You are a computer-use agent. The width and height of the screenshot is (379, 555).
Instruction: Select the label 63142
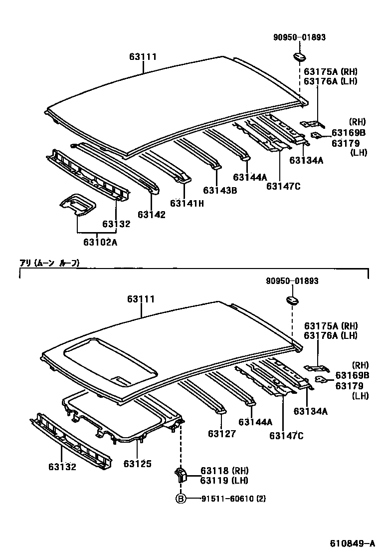[x=152, y=214]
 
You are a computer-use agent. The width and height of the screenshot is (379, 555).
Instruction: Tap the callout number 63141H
[x=187, y=203]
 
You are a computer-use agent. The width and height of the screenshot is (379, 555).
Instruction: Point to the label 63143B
[x=219, y=190]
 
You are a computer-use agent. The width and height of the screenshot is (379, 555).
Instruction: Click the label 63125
[x=138, y=464]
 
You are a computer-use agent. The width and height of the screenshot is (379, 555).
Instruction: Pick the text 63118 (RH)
[x=224, y=471]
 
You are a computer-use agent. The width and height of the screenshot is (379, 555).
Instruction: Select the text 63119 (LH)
[x=224, y=480]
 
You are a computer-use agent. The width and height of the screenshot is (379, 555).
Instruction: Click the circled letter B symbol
[x=180, y=499]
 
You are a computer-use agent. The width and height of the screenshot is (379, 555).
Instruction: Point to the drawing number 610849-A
[x=352, y=543]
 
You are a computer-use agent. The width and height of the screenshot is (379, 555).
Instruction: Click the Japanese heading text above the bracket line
[x=49, y=263]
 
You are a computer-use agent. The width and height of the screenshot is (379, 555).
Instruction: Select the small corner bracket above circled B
[x=180, y=474]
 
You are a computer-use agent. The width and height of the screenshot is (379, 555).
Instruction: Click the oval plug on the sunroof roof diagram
[x=292, y=300]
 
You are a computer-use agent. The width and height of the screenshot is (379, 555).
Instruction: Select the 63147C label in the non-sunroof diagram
[x=283, y=186]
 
